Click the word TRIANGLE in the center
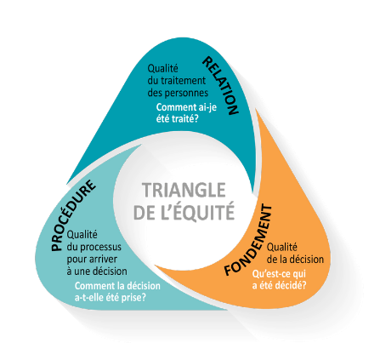184,190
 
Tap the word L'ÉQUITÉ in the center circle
203,211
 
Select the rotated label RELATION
220,86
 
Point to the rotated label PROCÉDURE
73,215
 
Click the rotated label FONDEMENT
248,240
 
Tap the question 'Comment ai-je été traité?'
186,113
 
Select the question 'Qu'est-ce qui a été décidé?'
279,279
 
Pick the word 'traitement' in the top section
183,81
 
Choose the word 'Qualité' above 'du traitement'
162,68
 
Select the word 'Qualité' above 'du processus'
82,235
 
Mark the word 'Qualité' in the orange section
282,247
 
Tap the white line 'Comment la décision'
117,285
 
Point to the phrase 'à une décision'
97,271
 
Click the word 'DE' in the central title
144,213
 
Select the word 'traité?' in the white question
185,118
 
